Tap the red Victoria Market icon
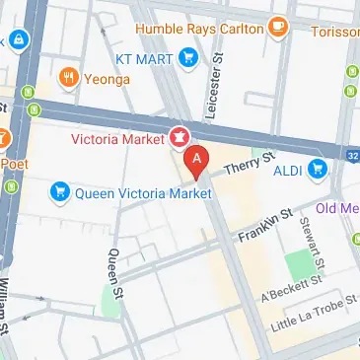coord(180,135)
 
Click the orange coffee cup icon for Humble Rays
coord(278,28)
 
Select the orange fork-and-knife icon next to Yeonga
coord(67,76)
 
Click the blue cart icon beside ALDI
coord(318,170)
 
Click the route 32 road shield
coord(353,154)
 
